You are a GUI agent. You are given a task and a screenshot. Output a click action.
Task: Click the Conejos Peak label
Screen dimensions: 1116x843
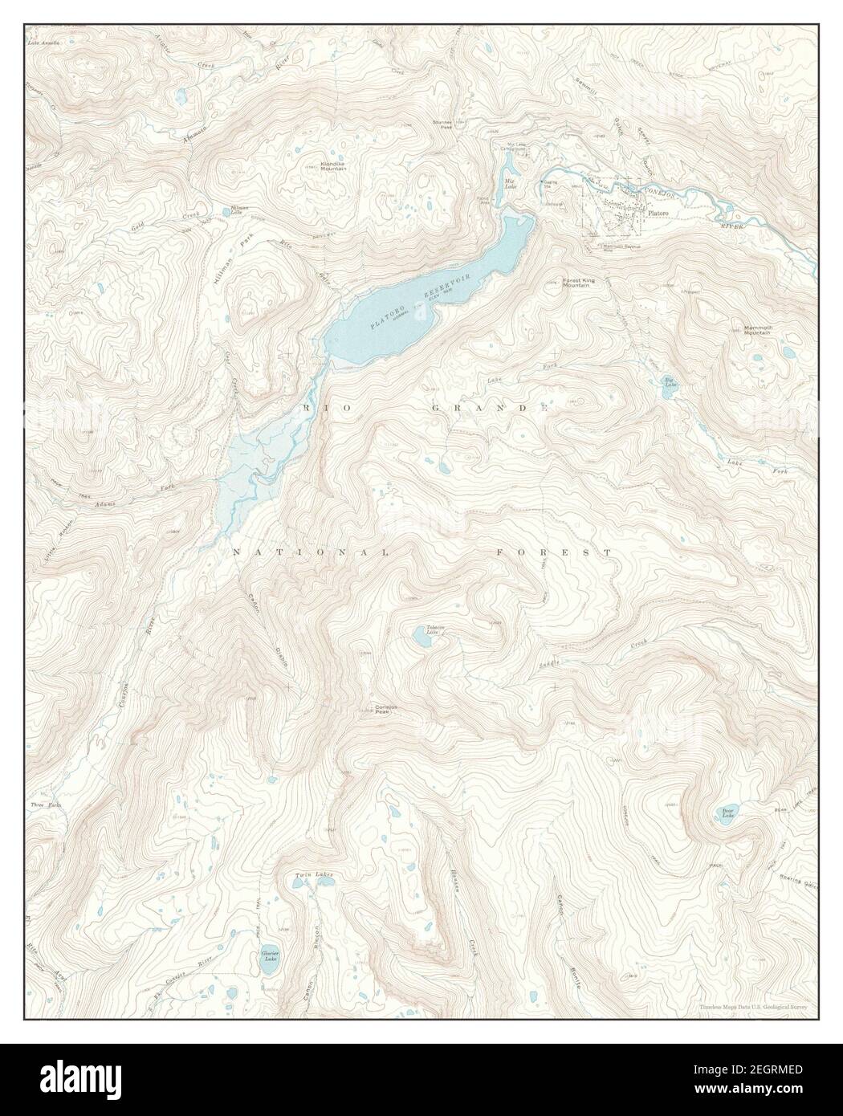point(387,710)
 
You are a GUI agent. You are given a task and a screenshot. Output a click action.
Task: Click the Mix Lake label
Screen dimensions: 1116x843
point(509,182)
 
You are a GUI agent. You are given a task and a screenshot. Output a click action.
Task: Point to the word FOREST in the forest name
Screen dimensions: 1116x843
point(554,552)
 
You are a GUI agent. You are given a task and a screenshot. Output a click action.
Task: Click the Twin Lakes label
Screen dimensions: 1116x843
point(312,874)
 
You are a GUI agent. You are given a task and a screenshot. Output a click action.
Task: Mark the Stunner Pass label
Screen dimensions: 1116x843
point(443,124)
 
